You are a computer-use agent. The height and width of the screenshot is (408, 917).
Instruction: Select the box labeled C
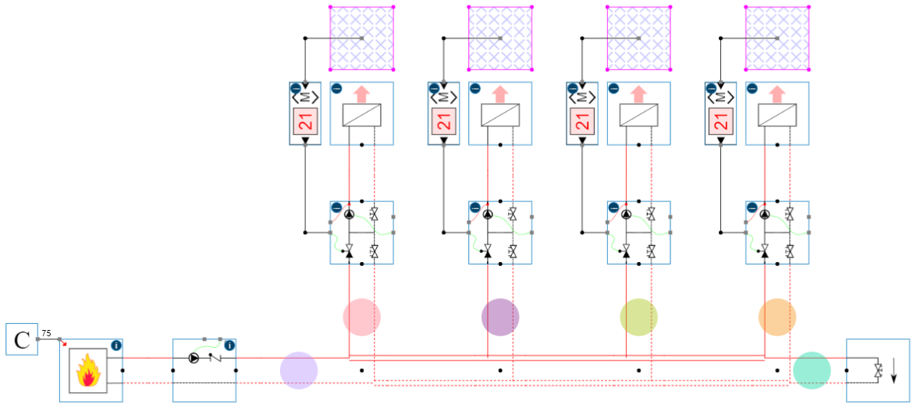pyautogui.click(x=22, y=339)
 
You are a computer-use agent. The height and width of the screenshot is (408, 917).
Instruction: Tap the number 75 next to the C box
pyautogui.click(x=47, y=333)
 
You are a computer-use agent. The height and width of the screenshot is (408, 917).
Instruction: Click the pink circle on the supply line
pyautogui.click(x=362, y=318)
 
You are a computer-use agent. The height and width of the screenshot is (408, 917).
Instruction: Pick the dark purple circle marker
pyautogui.click(x=500, y=318)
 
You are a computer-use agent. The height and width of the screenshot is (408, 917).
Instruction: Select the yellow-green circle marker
pyautogui.click(x=638, y=318)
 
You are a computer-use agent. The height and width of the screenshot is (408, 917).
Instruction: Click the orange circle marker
pyautogui.click(x=777, y=318)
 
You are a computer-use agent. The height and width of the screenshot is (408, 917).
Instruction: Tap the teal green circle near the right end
pyautogui.click(x=812, y=370)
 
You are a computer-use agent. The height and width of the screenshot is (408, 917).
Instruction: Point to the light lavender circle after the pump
pyautogui.click(x=299, y=370)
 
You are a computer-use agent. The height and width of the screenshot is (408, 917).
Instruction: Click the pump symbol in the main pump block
pyautogui.click(x=194, y=360)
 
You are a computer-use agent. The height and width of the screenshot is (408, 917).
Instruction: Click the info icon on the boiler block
pyautogui.click(x=116, y=345)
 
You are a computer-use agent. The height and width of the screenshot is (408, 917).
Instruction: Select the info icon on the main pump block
pyautogui.click(x=229, y=345)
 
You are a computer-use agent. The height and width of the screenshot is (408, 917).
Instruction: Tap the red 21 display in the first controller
pyautogui.click(x=305, y=121)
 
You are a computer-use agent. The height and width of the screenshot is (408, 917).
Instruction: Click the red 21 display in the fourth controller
pyautogui.click(x=720, y=121)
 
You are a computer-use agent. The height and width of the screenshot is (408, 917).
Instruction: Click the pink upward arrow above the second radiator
pyautogui.click(x=500, y=94)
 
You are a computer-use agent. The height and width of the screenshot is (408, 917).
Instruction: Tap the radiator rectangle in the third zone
pyautogui.click(x=638, y=115)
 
